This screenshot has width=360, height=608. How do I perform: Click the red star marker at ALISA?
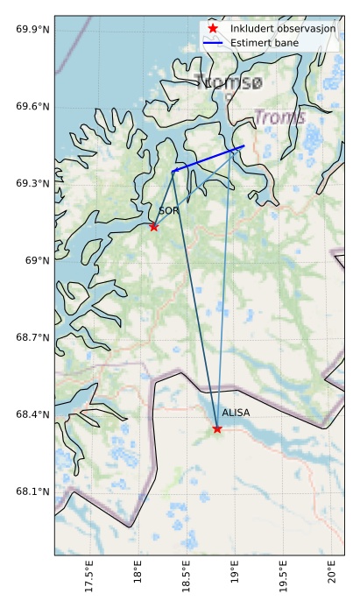coord(217,428)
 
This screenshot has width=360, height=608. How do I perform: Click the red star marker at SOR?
coord(154,227)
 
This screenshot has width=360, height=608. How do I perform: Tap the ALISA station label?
coord(236,412)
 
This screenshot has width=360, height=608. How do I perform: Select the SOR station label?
coord(169,210)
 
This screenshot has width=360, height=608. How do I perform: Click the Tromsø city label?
coord(229,83)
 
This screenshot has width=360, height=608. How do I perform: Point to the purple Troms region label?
coord(279,117)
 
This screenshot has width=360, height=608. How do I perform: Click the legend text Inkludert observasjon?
coord(283,29)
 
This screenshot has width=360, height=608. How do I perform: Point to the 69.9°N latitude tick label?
coord(32,30)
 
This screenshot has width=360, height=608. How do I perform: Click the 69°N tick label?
coord(38,260)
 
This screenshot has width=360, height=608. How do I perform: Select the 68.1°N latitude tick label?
coord(32,491)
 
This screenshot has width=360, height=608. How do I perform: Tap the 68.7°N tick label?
coord(32,337)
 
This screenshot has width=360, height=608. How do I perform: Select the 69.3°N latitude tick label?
coord(32,183)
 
